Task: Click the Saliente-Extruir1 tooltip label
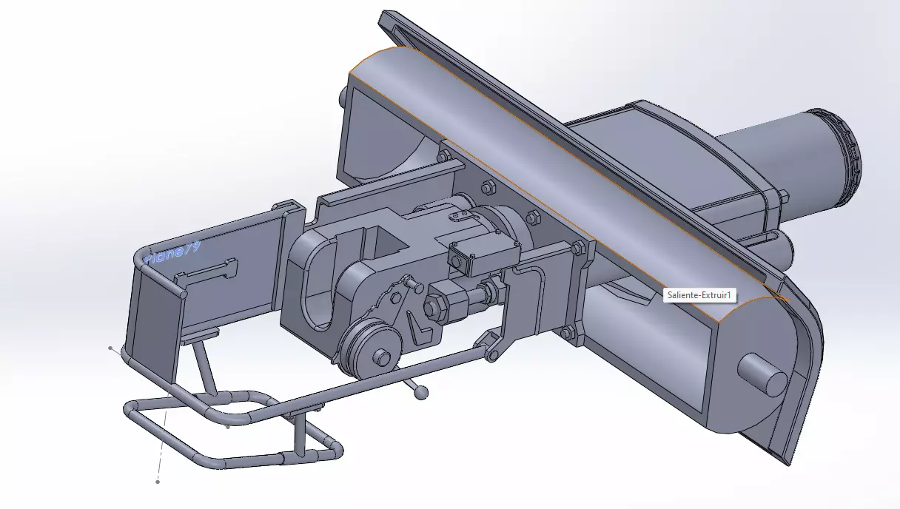point(699,295)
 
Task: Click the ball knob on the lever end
point(422,393)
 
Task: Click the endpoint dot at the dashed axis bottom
point(158,482)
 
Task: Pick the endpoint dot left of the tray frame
point(111,348)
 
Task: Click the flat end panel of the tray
point(154,311)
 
